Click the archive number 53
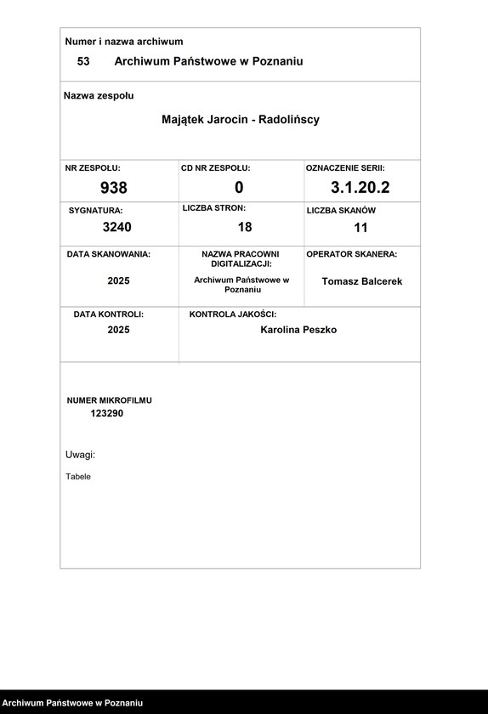tap(83, 61)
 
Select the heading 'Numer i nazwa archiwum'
tap(124, 42)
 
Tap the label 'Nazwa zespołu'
tap(99, 96)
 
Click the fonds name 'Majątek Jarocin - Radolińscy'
tap(241, 120)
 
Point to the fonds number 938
tap(114, 188)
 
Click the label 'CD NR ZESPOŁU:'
tap(216, 168)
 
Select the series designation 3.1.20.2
tap(360, 187)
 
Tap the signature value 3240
tap(117, 227)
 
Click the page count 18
tap(245, 227)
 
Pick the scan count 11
tap(360, 228)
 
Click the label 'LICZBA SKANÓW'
tap(341, 210)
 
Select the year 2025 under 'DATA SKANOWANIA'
tap(119, 281)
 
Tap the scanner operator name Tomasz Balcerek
tap(362, 281)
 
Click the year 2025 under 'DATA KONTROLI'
tap(119, 330)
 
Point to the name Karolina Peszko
tap(298, 330)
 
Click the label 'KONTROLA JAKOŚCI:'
tap(233, 314)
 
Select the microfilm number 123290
tap(107, 413)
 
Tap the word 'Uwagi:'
tap(80, 455)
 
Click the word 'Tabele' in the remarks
tap(78, 477)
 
